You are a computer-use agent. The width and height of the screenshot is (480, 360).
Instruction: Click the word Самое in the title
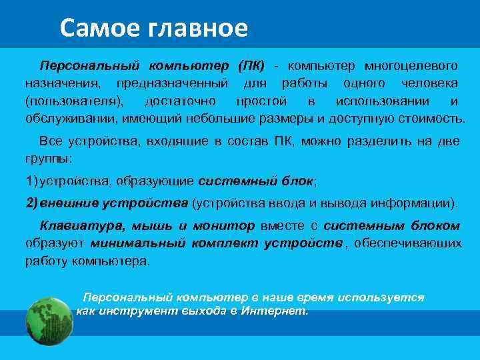[94, 27]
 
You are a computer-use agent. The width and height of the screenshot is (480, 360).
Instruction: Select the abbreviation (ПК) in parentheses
[251, 66]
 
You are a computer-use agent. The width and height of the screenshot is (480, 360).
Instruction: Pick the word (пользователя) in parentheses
[74, 101]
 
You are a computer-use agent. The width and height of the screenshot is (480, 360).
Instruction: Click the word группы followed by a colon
[49, 159]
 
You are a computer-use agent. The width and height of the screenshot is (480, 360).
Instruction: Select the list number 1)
[33, 181]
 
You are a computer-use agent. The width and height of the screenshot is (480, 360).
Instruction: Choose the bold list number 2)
[33, 203]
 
